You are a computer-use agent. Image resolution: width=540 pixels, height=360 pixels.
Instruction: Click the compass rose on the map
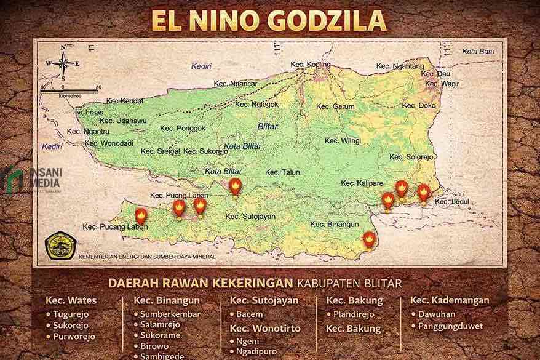[64, 63]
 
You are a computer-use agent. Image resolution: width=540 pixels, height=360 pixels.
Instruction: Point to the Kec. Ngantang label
[400, 66]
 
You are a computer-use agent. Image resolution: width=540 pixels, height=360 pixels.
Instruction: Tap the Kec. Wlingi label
[342, 141]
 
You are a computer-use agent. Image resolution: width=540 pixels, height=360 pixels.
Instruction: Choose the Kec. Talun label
[282, 173]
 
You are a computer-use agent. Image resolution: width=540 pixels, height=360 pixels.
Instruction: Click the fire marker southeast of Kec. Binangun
[368, 238]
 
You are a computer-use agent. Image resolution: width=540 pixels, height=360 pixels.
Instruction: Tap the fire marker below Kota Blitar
[235, 186]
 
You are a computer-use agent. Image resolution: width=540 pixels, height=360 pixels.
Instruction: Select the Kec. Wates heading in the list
[71, 301]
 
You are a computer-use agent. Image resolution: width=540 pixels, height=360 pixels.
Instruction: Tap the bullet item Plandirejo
[353, 314]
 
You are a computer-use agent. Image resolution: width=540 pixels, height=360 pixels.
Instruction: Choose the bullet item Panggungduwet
[450, 326]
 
